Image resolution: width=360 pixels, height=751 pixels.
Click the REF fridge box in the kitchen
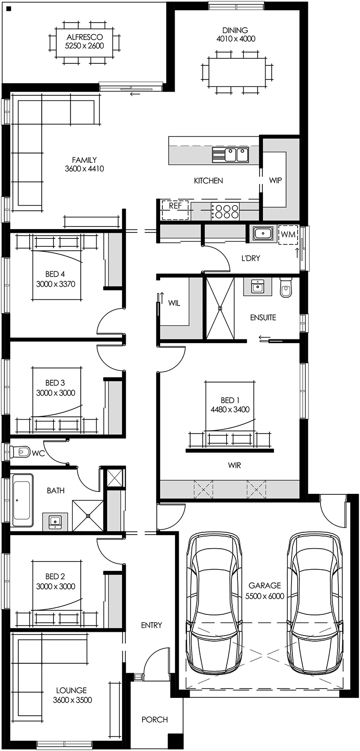coord(175,210)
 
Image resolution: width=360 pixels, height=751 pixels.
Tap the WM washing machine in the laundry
coord(288,235)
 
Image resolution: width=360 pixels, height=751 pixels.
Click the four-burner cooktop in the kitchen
coord(225,211)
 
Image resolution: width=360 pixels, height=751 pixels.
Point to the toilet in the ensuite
coord(286,289)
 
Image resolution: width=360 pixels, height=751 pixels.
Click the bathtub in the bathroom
coord(23,500)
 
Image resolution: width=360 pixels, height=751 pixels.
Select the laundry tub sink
coord(263,233)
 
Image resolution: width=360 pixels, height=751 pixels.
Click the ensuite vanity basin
coord(257,287)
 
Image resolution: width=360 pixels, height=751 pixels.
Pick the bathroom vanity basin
coord(55,521)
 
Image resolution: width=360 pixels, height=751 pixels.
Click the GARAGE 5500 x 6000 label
coord(265,590)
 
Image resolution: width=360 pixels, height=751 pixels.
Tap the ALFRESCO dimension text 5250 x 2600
coord(84,46)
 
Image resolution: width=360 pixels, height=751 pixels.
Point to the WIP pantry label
coord(276,180)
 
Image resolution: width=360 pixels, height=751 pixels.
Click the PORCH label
coord(154,719)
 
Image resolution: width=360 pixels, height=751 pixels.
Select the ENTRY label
coord(151,625)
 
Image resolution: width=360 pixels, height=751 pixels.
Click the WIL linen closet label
coord(174,303)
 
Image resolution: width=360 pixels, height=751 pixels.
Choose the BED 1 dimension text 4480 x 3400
coord(230,409)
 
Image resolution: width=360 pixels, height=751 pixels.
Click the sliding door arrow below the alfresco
coord(135,94)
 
